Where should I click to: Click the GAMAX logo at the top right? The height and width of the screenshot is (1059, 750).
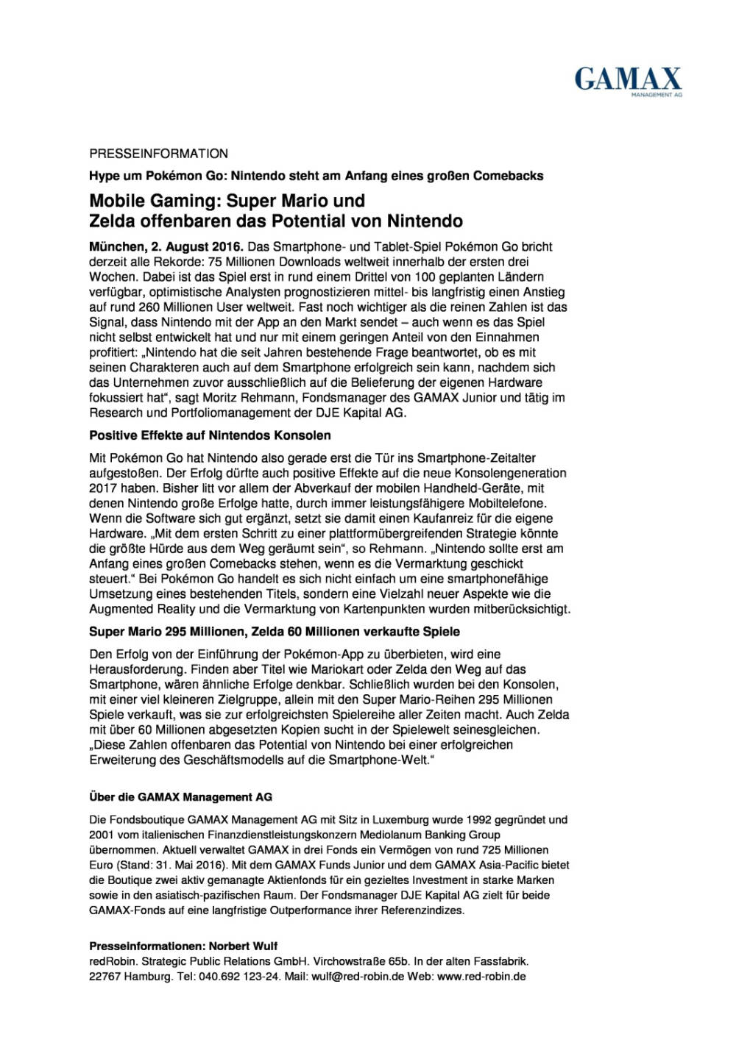(628, 81)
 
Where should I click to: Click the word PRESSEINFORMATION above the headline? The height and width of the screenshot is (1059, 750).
(158, 154)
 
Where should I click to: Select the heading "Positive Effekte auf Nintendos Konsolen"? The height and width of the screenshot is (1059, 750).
(210, 435)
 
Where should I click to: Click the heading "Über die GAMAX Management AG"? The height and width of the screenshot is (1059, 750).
(180, 796)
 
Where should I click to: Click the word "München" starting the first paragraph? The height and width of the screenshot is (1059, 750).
(114, 246)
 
